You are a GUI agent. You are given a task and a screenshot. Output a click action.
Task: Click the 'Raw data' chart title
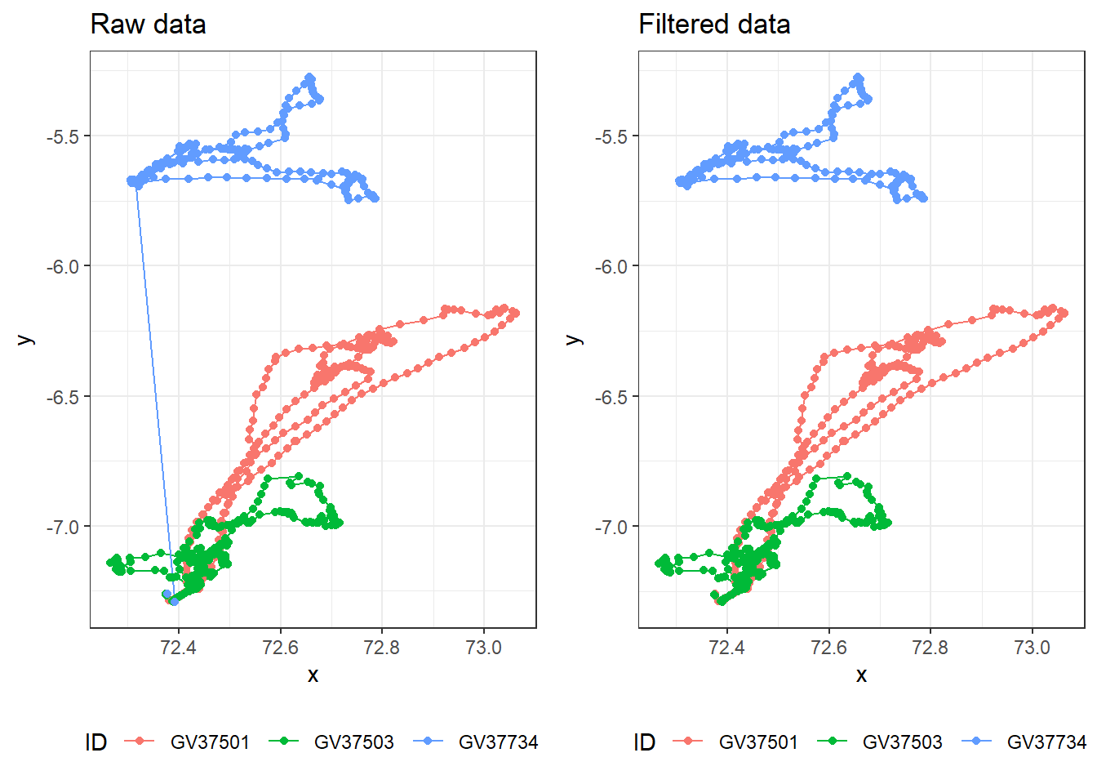point(148,24)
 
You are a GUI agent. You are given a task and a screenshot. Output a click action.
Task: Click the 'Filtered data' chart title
point(713,24)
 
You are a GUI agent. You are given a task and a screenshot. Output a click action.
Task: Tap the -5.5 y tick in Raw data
point(63,136)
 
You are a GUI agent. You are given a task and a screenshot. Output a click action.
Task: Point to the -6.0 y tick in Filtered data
point(611,266)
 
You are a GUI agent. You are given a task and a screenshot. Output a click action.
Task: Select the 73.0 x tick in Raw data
point(483,648)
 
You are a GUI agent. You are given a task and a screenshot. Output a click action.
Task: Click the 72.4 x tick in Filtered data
point(726,648)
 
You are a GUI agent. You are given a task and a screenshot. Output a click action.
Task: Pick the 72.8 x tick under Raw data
point(381,648)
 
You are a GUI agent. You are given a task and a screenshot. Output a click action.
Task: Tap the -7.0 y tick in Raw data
point(63,527)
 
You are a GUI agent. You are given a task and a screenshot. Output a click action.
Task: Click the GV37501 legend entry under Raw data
point(209,742)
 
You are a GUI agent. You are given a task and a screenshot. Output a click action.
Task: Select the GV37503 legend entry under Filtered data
point(901,742)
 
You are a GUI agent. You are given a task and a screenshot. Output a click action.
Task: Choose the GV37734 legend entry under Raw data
point(497,742)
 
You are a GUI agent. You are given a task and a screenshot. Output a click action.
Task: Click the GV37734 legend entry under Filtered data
point(1046,742)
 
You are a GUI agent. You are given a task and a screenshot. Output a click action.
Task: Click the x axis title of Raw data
point(313,675)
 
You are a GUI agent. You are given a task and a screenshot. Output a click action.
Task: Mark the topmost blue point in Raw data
point(309,78)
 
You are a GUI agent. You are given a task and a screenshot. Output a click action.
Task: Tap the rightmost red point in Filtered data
point(1064,314)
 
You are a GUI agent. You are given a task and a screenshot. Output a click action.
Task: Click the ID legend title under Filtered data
point(644,742)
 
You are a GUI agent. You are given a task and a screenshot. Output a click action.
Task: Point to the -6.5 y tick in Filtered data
point(611,397)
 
